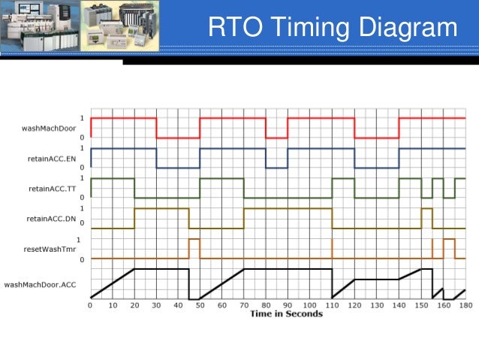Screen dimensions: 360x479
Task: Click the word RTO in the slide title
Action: (232, 28)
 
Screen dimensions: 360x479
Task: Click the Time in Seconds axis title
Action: (286, 313)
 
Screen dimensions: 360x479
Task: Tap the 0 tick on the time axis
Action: (90, 305)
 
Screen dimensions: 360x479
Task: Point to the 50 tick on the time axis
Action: (200, 305)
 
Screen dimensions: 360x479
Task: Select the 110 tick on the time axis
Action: (332, 305)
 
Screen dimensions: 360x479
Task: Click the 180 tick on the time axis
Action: (465, 305)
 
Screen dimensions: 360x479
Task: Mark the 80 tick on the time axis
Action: (266, 305)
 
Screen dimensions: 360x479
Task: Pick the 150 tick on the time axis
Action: (420, 305)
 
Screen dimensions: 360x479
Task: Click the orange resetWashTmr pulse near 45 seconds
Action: (194, 239)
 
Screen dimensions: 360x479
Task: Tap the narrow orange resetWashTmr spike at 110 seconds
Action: (332, 248)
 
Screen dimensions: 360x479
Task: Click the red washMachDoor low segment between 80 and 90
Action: (276, 138)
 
